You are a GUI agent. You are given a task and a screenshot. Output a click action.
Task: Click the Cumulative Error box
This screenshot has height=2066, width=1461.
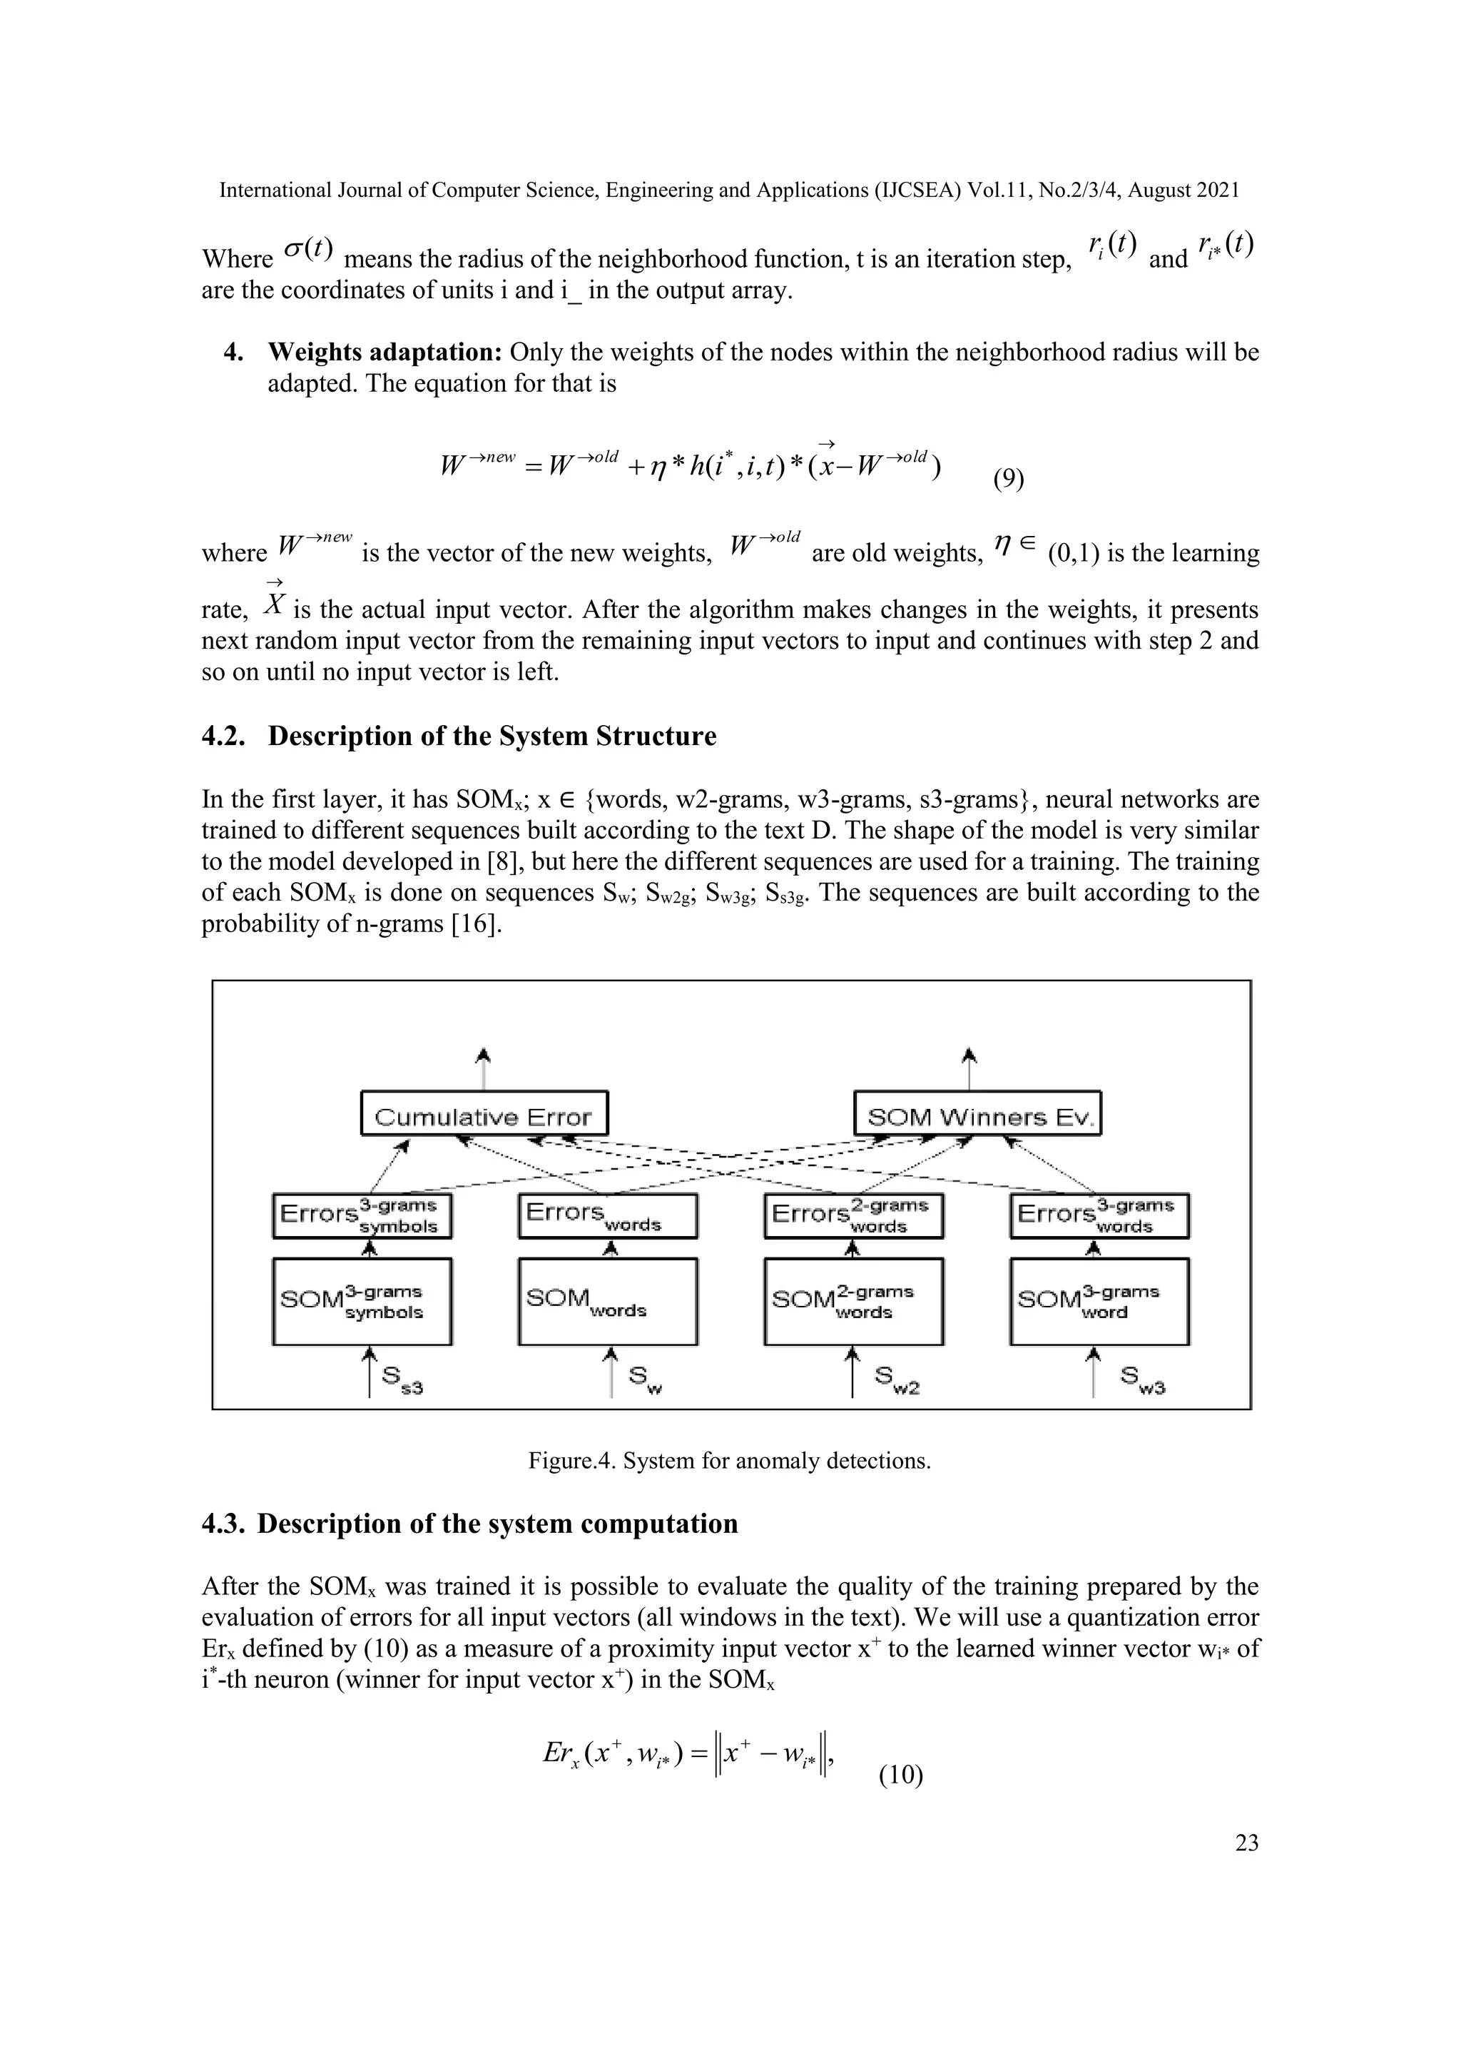pos(484,1116)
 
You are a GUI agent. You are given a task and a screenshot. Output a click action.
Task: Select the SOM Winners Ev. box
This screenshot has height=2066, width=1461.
pos(977,1116)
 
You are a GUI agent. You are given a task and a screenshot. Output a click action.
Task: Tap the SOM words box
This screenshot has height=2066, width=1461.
pos(608,1302)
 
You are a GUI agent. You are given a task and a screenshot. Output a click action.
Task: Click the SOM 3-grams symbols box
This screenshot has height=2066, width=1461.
pos(362,1302)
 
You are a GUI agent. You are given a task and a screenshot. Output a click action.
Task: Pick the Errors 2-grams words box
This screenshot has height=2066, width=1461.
pos(853,1217)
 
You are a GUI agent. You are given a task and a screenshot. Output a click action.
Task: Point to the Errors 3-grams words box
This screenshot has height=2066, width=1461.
pos(1099,1217)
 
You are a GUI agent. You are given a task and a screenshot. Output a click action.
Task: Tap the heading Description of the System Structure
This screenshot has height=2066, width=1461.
pos(492,736)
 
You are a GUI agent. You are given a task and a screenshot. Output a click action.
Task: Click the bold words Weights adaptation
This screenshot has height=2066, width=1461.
pos(385,352)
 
